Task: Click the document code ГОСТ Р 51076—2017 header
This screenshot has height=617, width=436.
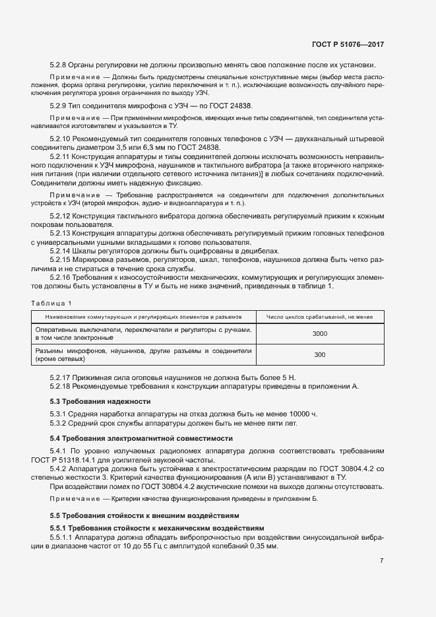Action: click(x=348, y=45)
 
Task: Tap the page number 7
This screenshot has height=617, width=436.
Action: click(x=382, y=560)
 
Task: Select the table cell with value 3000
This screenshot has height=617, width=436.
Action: click(x=320, y=334)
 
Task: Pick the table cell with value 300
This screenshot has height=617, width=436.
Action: click(x=320, y=355)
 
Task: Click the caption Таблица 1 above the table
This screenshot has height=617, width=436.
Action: click(x=51, y=303)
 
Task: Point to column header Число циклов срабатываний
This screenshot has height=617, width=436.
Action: click(x=320, y=317)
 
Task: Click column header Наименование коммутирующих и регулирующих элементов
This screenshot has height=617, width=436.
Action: click(x=142, y=317)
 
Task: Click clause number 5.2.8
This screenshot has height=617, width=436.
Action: click(x=59, y=65)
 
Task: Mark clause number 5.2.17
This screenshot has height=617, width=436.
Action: click(x=61, y=377)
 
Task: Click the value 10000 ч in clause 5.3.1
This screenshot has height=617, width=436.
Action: click(x=303, y=414)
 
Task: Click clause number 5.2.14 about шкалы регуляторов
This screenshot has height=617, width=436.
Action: click(x=61, y=251)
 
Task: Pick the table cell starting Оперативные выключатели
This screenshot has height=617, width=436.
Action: click(x=142, y=334)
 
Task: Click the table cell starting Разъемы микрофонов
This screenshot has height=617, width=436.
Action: click(x=142, y=355)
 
